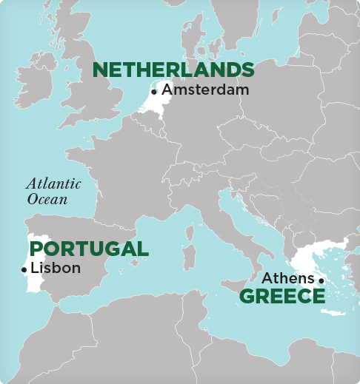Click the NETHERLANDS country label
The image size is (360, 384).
click(x=173, y=70)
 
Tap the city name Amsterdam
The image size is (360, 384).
click(x=205, y=90)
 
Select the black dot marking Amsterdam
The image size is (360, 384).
click(x=154, y=92)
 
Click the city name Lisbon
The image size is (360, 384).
click(x=55, y=268)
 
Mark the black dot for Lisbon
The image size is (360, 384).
click(x=24, y=269)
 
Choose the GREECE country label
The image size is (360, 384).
click(x=282, y=297)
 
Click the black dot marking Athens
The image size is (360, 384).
click(x=321, y=280)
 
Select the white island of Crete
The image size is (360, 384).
click(x=333, y=313)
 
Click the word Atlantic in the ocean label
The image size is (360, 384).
click(x=53, y=184)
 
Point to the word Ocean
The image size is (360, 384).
click(x=47, y=199)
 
